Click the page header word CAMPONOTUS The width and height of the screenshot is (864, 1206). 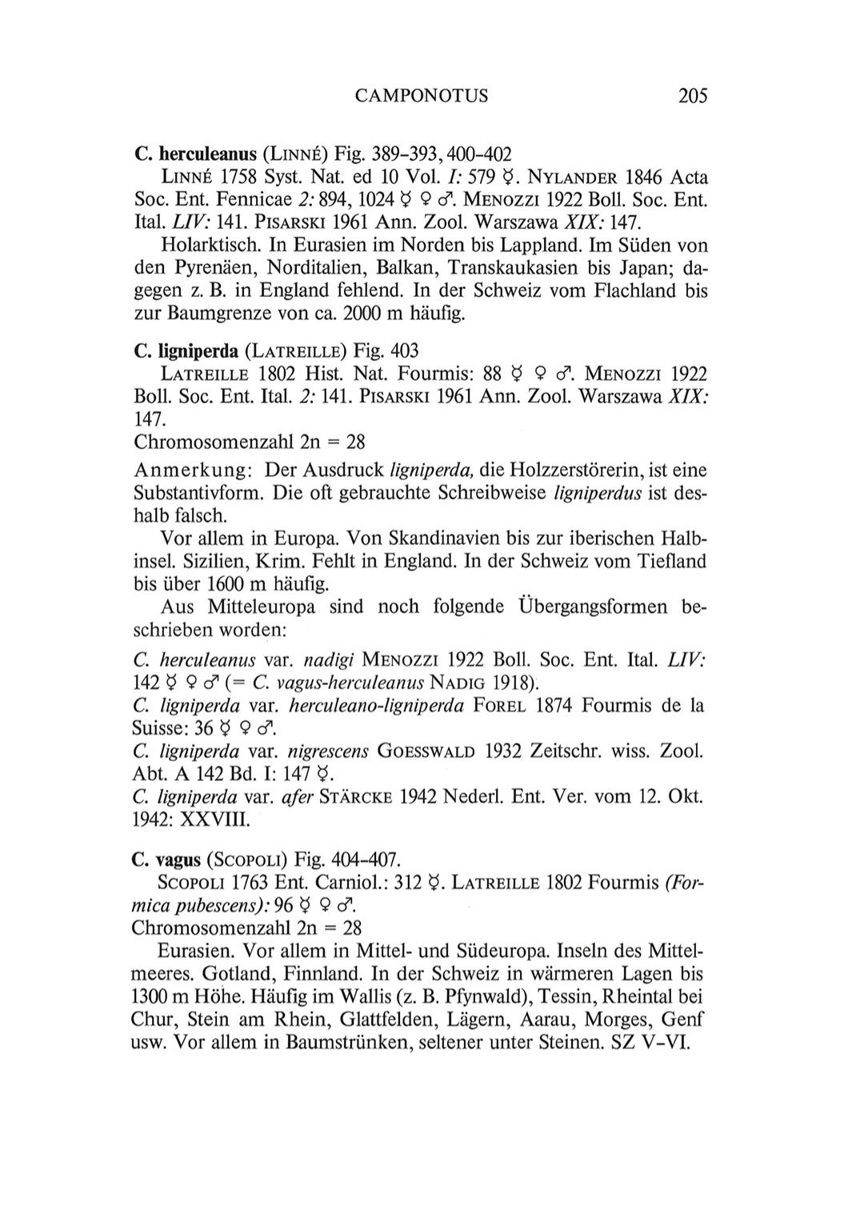421,97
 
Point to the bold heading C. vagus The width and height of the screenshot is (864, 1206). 166,859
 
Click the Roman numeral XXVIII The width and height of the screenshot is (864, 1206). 214,820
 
